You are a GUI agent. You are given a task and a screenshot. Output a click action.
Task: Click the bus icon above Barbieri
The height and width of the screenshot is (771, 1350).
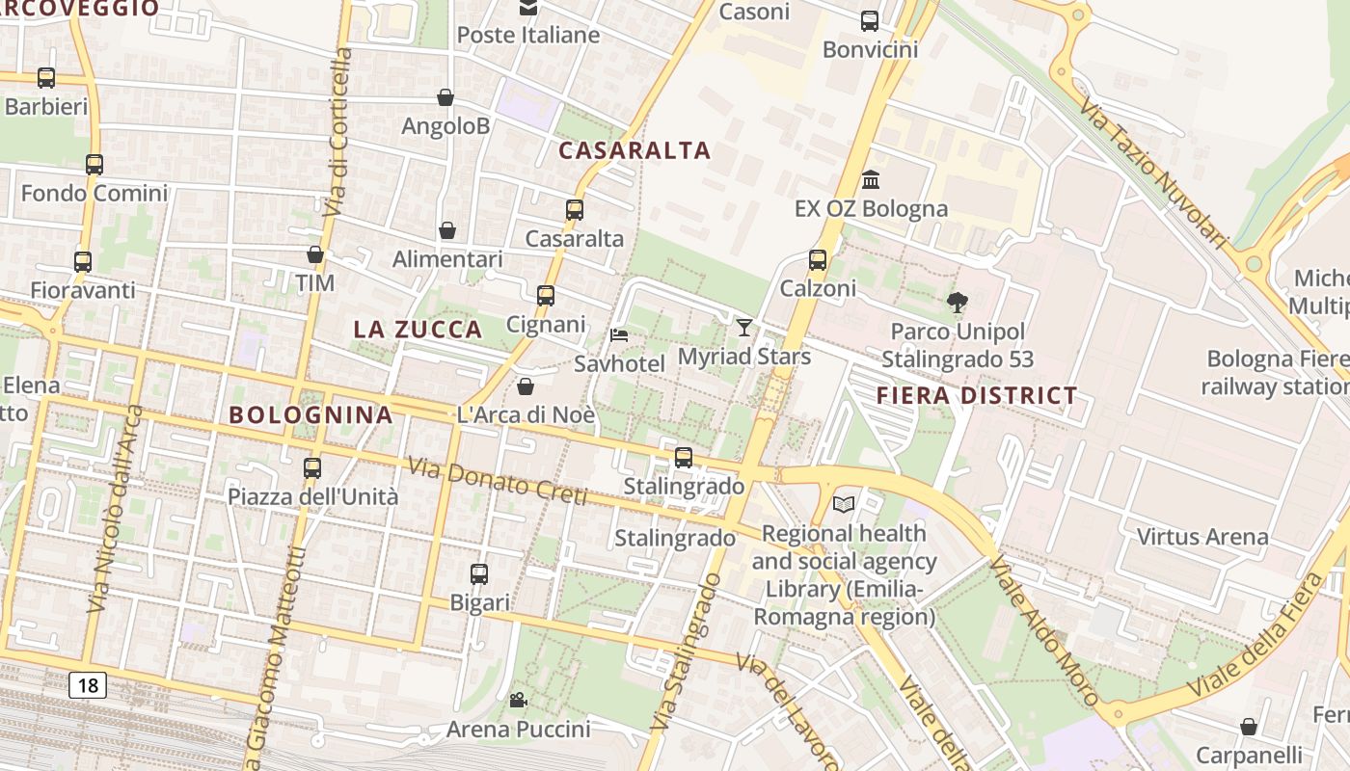(x=45, y=78)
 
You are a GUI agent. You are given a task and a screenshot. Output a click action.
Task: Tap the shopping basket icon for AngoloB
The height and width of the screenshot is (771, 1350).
(x=445, y=97)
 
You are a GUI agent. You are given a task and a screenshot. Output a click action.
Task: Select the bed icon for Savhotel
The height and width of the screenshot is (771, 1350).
(x=619, y=335)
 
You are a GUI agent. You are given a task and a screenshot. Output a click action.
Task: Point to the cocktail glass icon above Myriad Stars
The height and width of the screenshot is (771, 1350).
(x=743, y=328)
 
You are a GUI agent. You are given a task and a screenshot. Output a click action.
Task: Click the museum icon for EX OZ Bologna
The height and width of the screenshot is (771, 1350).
(x=871, y=179)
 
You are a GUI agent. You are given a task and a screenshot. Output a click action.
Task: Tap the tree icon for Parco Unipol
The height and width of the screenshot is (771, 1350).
(x=957, y=303)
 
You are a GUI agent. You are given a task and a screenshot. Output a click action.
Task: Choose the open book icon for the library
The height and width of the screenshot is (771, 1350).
(x=844, y=504)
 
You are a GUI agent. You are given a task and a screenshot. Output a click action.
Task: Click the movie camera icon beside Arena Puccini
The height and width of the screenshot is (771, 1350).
(x=518, y=700)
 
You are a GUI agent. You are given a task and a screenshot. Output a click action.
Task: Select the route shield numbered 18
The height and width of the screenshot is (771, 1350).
(x=88, y=685)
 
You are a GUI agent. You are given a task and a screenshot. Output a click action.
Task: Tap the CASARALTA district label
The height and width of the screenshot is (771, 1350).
(x=634, y=150)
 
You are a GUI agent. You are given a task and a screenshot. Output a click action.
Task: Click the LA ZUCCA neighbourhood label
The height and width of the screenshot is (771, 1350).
(x=418, y=329)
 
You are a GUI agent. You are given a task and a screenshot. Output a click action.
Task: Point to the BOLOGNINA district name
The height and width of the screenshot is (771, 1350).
(x=310, y=415)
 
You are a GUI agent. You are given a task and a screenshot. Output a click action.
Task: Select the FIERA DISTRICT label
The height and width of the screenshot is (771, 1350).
(x=977, y=395)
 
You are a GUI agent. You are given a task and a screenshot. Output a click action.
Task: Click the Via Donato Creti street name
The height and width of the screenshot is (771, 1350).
(x=497, y=481)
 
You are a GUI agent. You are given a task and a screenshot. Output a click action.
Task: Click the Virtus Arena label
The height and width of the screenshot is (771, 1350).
(x=1202, y=536)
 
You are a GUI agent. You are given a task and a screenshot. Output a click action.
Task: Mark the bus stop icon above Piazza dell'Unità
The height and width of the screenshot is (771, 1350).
(x=312, y=468)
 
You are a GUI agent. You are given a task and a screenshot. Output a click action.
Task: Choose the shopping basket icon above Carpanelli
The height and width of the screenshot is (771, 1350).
(x=1249, y=726)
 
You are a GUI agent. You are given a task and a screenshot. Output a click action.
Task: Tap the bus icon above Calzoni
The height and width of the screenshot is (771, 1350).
(x=818, y=259)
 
